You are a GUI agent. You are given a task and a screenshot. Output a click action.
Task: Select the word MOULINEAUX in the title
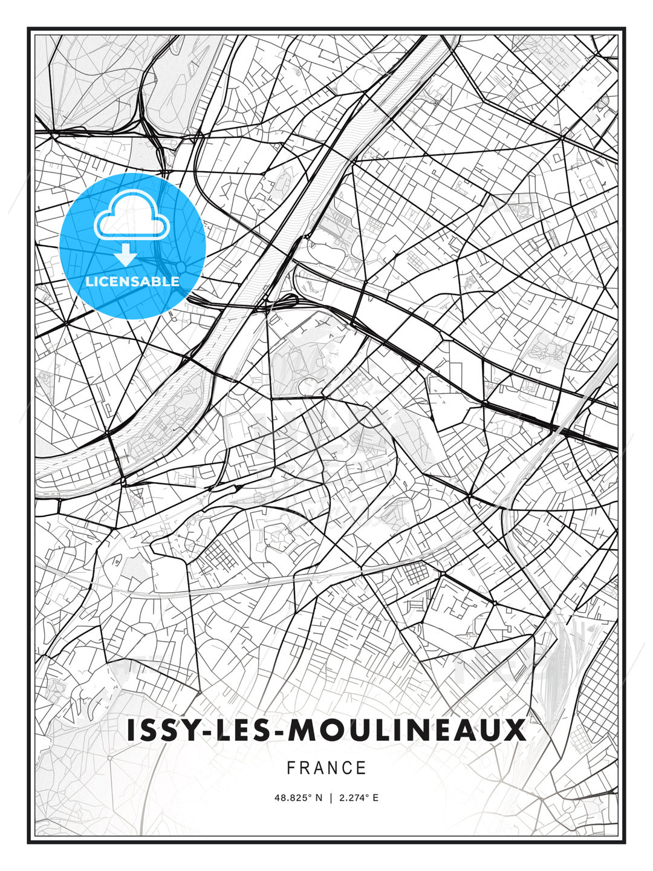pyautogui.click(x=407, y=731)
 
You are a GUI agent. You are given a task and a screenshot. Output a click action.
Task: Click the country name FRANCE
pyautogui.click(x=326, y=768)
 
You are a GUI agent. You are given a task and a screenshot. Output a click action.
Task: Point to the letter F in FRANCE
pyautogui.click(x=291, y=768)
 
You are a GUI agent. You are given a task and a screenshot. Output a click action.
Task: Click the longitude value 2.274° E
pyautogui.click(x=359, y=798)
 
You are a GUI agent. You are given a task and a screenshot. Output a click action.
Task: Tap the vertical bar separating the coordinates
pyautogui.click(x=331, y=798)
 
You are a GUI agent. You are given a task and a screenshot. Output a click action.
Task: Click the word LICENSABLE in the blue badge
pyautogui.click(x=132, y=281)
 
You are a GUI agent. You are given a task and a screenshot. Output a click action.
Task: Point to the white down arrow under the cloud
pyautogui.click(x=126, y=255)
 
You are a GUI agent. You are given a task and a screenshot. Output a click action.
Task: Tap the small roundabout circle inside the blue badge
pyautogui.click(x=181, y=267)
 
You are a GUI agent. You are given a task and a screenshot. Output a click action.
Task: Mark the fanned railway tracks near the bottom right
pyautogui.click(x=559, y=665)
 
